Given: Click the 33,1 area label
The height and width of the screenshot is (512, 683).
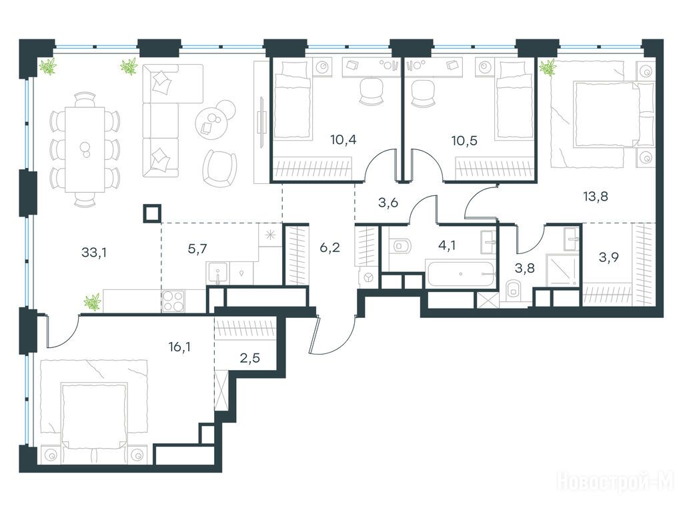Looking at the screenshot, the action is (x=93, y=252).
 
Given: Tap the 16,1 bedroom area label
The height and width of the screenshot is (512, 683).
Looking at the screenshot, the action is (x=179, y=347).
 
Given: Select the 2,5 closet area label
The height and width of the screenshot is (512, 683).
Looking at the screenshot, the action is (x=249, y=358).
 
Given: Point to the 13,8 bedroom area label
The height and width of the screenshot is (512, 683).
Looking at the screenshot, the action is (x=596, y=197).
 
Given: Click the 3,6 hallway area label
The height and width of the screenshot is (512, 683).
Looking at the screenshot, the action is (x=388, y=203).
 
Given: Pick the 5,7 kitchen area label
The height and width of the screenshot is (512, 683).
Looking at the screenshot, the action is (x=197, y=249).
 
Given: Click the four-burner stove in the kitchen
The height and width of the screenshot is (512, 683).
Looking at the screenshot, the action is (x=173, y=301).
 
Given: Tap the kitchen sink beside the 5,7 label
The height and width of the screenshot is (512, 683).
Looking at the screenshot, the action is (x=217, y=273).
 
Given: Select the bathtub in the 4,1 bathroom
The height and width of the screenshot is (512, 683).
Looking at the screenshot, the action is (x=461, y=274).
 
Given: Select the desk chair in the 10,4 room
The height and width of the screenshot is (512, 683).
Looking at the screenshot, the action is (x=370, y=91).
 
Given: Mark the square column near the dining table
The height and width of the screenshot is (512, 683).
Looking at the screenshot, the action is (x=152, y=213).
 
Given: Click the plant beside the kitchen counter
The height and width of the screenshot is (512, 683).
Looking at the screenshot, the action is (x=92, y=302).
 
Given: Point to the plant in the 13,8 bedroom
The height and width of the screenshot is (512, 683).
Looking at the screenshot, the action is (x=548, y=67).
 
